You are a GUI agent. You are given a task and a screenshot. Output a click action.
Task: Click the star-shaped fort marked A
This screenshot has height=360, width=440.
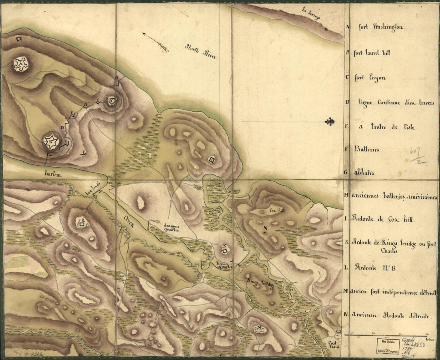click(20, 64)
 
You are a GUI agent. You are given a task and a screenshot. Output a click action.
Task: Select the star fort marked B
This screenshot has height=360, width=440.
click(51, 141)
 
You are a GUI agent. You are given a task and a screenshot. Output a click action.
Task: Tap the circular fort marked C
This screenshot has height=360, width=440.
click(112, 101)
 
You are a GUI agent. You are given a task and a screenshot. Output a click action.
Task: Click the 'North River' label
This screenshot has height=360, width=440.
click(200, 52)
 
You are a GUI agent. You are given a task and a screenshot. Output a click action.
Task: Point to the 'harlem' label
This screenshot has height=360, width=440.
click(53, 174)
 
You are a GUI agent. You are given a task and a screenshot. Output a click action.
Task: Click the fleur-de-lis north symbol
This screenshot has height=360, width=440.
click(329, 121)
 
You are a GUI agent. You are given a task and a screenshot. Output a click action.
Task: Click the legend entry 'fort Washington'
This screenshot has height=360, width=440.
click(380, 28)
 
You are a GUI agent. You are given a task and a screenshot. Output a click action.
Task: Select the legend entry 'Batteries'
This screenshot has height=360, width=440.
click(366, 149)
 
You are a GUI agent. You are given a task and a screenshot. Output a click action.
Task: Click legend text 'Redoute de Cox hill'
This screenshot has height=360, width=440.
click(382, 220)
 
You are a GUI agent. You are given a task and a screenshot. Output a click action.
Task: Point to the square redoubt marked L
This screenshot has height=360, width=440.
click(82, 224)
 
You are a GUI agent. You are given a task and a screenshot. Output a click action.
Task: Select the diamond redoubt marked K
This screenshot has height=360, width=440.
click(225, 250)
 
